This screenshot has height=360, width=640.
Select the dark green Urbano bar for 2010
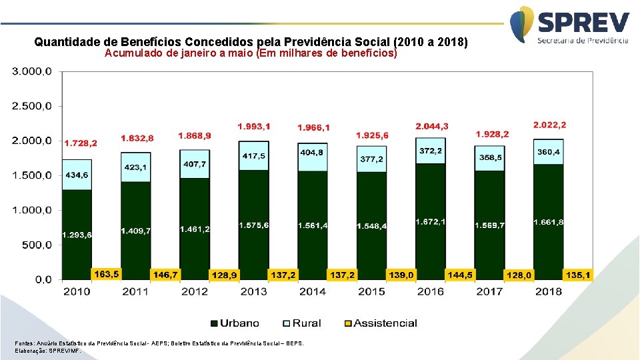(77, 213)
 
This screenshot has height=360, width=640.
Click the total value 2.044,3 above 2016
(432, 126)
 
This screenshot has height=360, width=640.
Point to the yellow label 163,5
(107, 273)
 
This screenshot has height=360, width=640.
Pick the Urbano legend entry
(235, 323)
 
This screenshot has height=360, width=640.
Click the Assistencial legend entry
(379, 323)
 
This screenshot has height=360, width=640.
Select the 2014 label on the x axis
(312, 291)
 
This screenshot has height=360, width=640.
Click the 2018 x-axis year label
(548, 291)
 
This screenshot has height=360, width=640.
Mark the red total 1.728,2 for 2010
(81, 143)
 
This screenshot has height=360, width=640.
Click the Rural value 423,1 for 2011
(136, 167)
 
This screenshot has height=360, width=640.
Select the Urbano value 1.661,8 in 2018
(548, 222)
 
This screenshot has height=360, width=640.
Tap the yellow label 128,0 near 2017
(519, 275)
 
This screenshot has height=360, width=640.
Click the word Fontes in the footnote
(26, 343)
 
